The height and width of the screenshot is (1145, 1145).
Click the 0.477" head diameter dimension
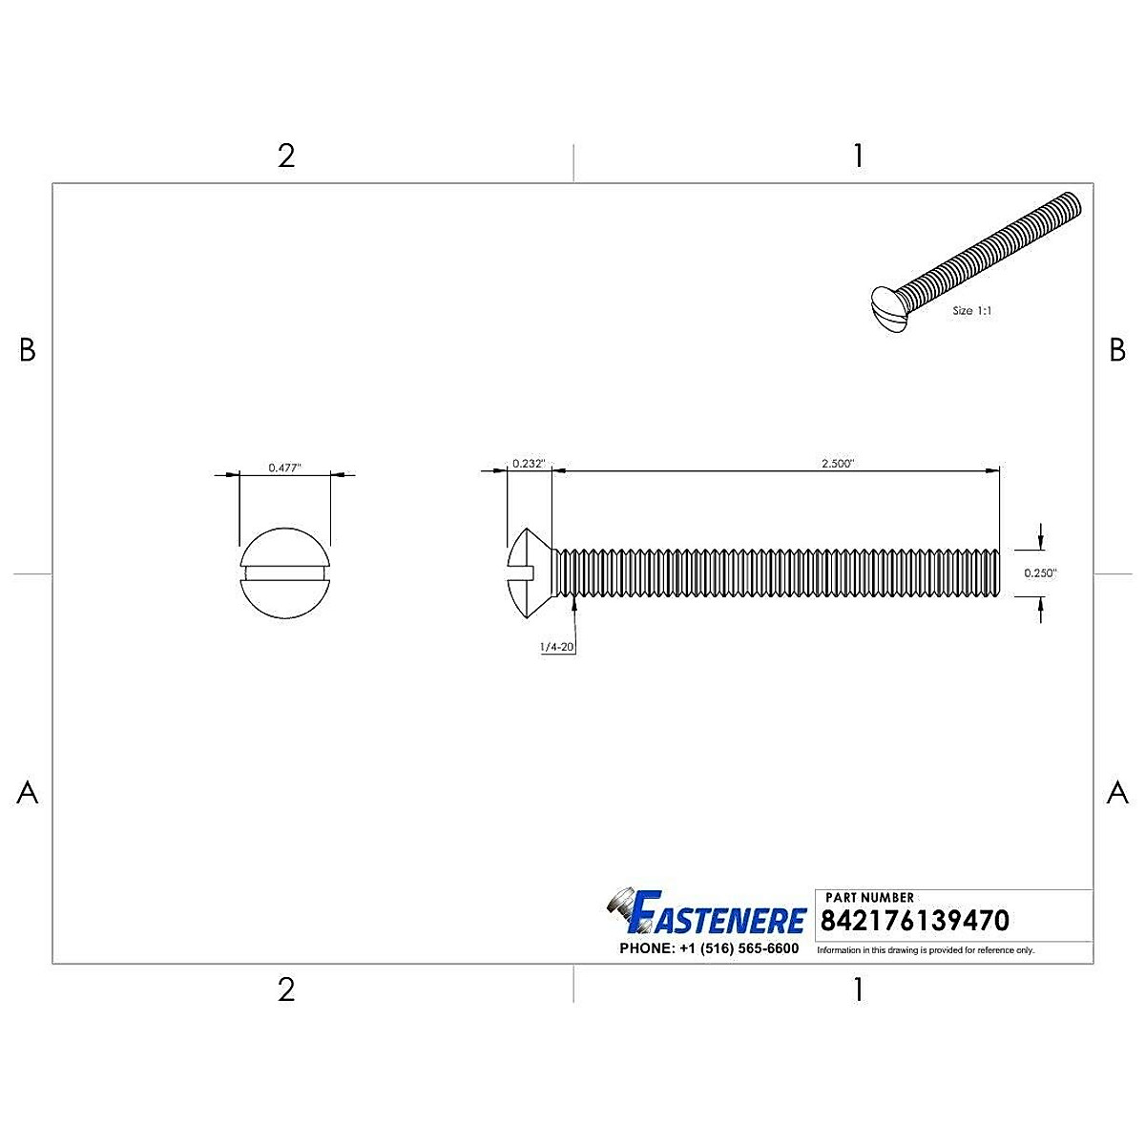point(284,468)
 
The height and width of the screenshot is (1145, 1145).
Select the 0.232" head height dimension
point(528,464)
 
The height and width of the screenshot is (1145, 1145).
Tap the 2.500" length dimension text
point(838,464)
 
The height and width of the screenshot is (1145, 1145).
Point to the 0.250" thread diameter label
point(1040,573)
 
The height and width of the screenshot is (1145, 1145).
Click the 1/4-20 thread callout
point(556,647)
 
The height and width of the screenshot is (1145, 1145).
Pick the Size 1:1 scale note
point(973,311)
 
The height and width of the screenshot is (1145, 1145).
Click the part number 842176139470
point(914,921)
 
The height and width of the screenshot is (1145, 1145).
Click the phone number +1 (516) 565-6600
point(709,948)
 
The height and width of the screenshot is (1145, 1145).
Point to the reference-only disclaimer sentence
point(926,950)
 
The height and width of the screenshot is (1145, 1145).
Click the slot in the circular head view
point(284,572)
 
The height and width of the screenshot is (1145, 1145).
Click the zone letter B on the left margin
point(28,351)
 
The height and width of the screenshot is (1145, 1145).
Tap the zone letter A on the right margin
point(1117,792)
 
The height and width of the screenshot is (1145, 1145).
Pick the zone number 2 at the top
point(286,156)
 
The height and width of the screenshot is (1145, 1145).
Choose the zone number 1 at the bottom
point(858,989)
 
